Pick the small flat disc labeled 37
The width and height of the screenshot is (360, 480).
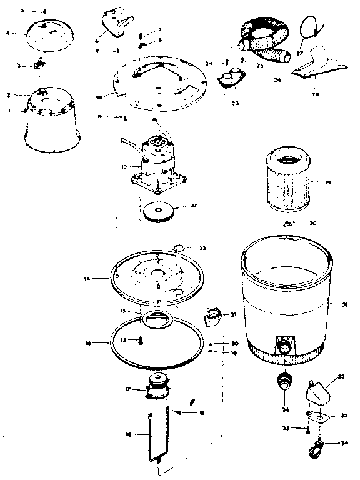(x=159, y=212)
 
